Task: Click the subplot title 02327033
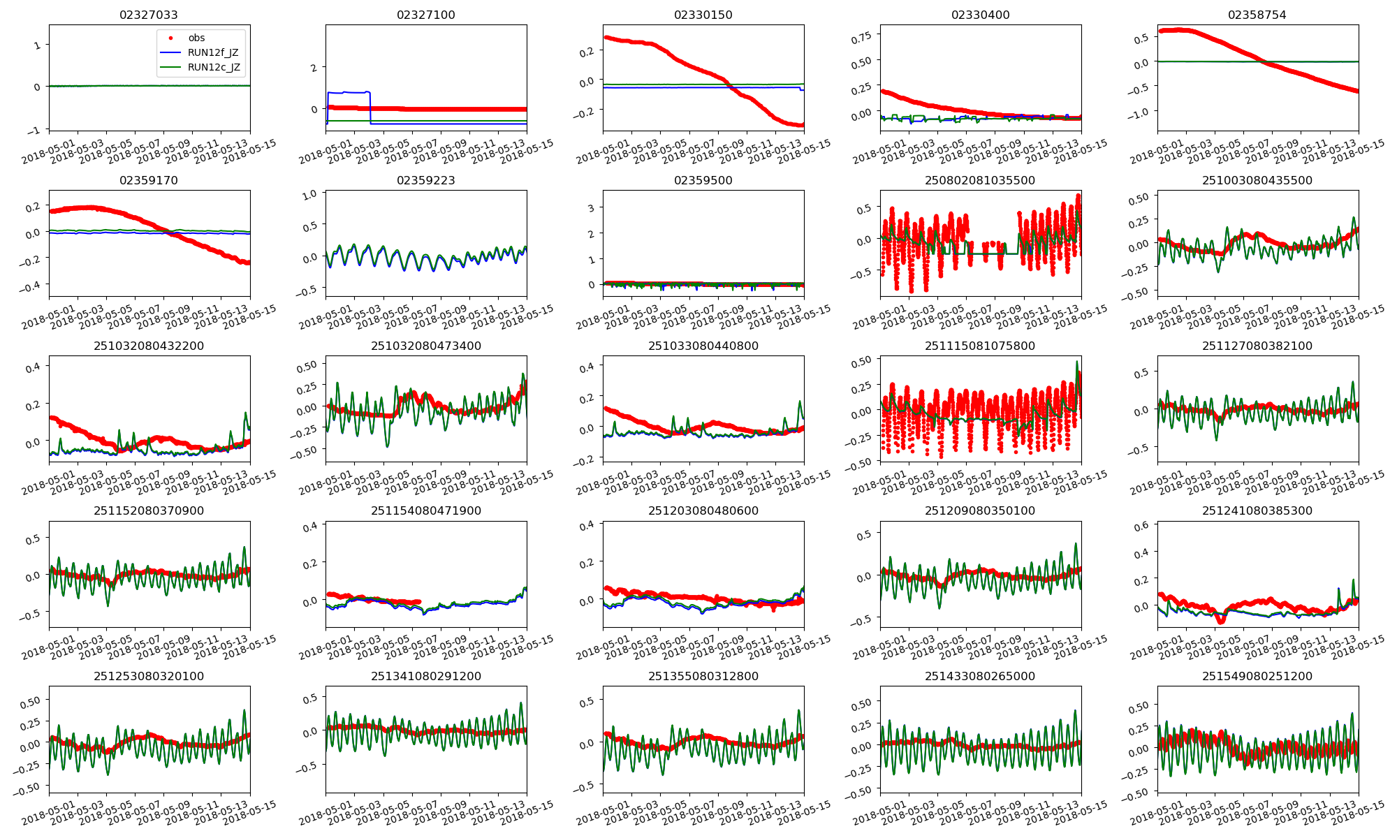(149, 15)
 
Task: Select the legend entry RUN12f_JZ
(212, 53)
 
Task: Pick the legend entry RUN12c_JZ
(213, 68)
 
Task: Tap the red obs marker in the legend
(170, 38)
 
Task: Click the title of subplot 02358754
(1257, 15)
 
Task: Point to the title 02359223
(426, 180)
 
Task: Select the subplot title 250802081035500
(980, 180)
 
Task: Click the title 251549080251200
(1257, 676)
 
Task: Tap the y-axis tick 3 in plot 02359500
(591, 208)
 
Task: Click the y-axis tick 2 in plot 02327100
(314, 67)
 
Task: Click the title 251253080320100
(149, 676)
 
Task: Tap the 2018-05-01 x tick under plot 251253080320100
(49, 816)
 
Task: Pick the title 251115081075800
(980, 346)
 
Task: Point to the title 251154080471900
(426, 510)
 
